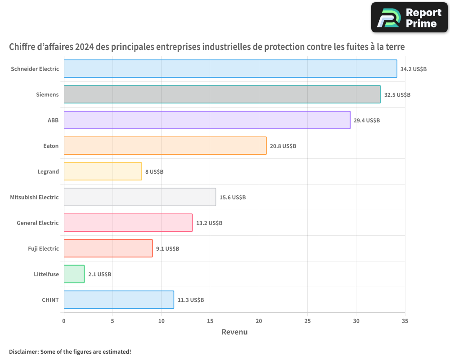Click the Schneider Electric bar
click(x=230, y=69)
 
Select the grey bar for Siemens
click(x=222, y=94)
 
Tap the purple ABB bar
click(x=207, y=120)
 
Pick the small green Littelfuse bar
click(x=74, y=274)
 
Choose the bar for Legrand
click(x=103, y=171)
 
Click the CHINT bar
click(x=119, y=300)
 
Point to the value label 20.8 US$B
click(x=283, y=146)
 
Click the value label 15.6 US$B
click(x=233, y=198)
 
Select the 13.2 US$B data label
click(x=209, y=223)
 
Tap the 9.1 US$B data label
click(x=167, y=249)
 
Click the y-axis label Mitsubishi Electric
click(x=34, y=197)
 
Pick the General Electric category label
click(x=38, y=223)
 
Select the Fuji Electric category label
click(x=43, y=248)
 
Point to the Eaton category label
click(x=50, y=146)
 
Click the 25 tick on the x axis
click(x=307, y=321)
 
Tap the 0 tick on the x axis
click(x=64, y=321)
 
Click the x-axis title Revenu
click(x=234, y=332)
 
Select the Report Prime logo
click(x=409, y=18)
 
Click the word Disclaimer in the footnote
click(x=23, y=351)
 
